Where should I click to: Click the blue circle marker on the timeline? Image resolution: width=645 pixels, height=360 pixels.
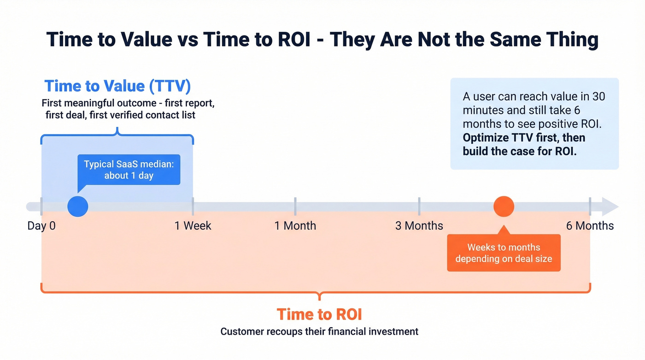click(x=77, y=207)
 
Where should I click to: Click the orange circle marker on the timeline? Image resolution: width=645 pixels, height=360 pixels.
click(x=504, y=207)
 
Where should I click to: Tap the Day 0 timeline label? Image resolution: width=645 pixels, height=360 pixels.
click(x=41, y=226)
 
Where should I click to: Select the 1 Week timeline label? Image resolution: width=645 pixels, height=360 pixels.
click(x=193, y=226)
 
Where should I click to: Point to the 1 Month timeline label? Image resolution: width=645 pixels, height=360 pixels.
click(x=295, y=226)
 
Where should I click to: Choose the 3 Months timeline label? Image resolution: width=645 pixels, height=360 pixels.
click(x=419, y=226)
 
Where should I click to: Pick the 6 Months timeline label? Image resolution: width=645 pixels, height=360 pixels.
click(x=590, y=226)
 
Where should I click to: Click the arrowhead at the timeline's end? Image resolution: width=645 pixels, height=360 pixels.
click(x=610, y=207)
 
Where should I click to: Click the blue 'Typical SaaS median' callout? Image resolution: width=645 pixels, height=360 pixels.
click(x=129, y=170)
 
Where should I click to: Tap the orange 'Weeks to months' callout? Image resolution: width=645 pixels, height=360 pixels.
click(x=504, y=253)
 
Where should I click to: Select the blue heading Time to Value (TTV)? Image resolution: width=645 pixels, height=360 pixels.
click(x=117, y=86)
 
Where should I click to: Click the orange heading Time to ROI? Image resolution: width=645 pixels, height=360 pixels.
click(x=319, y=314)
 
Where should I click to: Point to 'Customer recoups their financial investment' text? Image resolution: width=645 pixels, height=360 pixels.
click(x=319, y=331)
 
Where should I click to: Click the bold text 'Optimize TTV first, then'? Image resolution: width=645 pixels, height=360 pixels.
click(x=524, y=138)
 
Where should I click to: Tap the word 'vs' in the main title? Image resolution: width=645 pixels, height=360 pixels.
click(x=188, y=40)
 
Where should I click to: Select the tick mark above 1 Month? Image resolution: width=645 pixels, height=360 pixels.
click(x=295, y=206)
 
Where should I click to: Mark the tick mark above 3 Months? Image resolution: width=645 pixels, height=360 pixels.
click(x=419, y=206)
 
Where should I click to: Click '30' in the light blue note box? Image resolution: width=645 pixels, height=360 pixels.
click(x=598, y=97)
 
